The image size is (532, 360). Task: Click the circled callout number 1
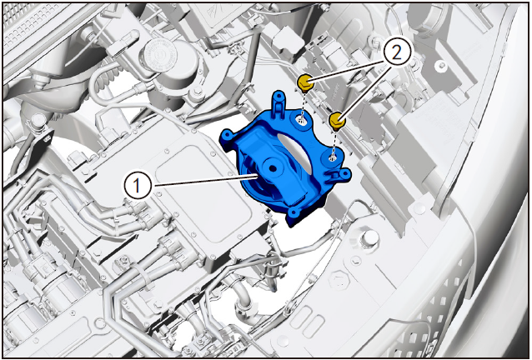coord(137,186)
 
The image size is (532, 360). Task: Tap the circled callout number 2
coord(397,52)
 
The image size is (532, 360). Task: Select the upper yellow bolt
coord(304,83)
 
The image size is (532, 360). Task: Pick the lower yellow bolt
coord(336,122)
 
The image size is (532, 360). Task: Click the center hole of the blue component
coord(272,168)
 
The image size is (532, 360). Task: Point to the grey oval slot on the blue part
coord(296,152)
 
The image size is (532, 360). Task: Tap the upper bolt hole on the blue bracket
coord(301,119)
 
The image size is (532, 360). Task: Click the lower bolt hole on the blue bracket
coord(332,157)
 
